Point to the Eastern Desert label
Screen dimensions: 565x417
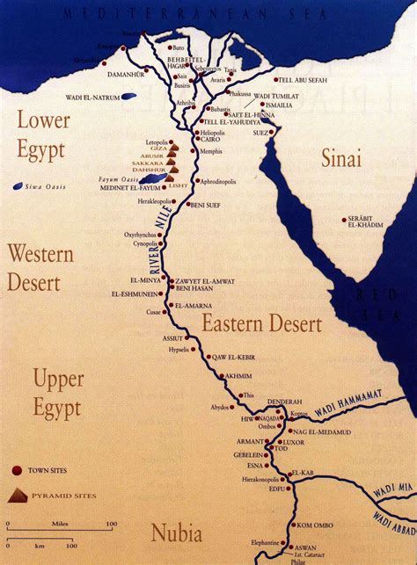click(x=261, y=324)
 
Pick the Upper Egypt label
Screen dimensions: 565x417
click(x=57, y=393)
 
